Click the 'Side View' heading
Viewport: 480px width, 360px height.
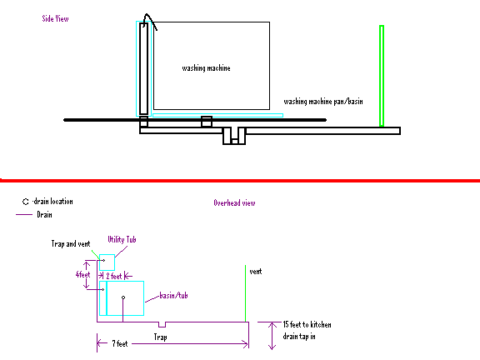[55, 18]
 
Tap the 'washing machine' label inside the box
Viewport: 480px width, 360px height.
[206, 68]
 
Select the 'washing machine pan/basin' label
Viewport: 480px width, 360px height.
[323, 102]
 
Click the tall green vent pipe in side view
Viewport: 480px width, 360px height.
[382, 76]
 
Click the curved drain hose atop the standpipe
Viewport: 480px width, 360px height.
[150, 21]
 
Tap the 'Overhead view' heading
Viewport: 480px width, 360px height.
[234, 203]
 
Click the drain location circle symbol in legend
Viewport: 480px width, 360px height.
[25, 202]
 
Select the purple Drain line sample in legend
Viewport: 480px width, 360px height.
[24, 215]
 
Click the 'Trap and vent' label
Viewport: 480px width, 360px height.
[71, 243]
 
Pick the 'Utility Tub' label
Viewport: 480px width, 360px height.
[122, 239]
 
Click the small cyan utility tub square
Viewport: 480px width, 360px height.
[107, 262]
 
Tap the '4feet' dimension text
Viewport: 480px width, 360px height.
[83, 274]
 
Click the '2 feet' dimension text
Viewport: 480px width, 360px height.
[114, 276]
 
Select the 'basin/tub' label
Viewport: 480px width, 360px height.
[173, 295]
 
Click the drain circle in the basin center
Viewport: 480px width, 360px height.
[123, 297]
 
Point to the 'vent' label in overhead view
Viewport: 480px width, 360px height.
[256, 272]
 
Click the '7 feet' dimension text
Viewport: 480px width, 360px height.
[120, 344]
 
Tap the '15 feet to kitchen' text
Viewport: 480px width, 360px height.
[307, 324]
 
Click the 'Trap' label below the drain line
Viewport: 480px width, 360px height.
[160, 337]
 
